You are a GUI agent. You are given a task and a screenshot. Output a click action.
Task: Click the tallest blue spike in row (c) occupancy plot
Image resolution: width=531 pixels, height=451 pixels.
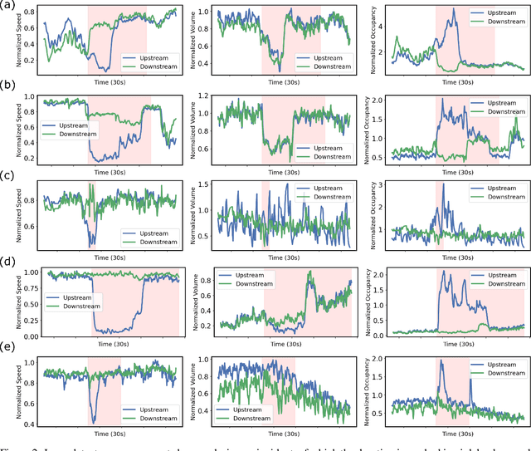coord(443,184)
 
